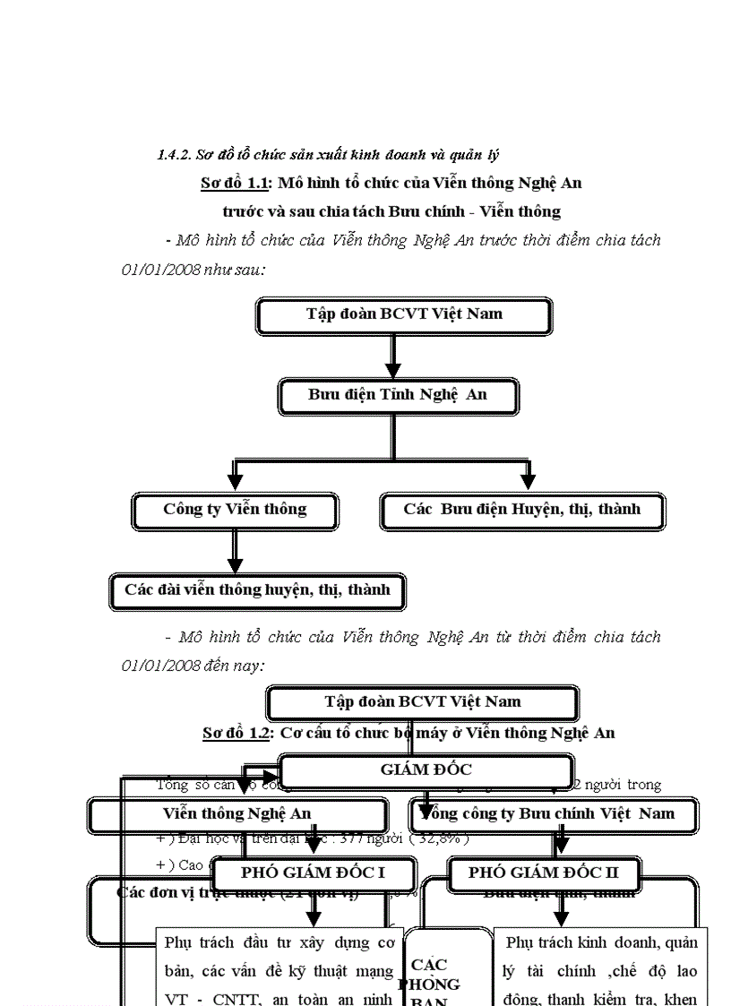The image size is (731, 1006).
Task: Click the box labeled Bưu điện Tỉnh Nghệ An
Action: pyautogui.click(x=398, y=395)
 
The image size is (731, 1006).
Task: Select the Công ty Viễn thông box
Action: pyautogui.click(x=235, y=511)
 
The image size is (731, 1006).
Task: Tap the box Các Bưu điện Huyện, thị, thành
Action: pyautogui.click(x=522, y=511)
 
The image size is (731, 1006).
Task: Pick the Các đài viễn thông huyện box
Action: pyautogui.click(x=257, y=591)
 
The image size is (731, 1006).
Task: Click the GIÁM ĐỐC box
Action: pyautogui.click(x=426, y=770)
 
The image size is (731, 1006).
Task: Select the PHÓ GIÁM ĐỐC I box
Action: pyautogui.click(x=314, y=873)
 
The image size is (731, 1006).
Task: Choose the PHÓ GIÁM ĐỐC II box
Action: pyautogui.click(x=555, y=873)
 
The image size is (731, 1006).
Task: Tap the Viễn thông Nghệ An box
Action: pyautogui.click(x=237, y=814)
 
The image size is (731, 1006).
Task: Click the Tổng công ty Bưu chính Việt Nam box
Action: pyautogui.click(x=555, y=814)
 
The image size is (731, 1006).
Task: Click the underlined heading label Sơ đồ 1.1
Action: pyautogui.click(x=236, y=184)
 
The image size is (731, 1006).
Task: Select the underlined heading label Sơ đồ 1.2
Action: pyautogui.click(x=237, y=733)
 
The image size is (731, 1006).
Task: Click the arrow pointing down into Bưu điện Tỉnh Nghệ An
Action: pyautogui.click(x=392, y=358)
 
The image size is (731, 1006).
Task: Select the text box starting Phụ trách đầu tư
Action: pyautogui.click(x=279, y=967)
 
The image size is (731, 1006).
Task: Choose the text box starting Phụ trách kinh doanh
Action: pyautogui.click(x=600, y=967)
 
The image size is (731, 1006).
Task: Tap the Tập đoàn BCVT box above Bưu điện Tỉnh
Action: pyautogui.click(x=403, y=314)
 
